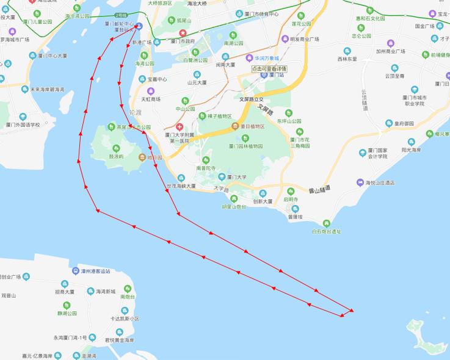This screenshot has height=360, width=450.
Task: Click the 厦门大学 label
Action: pyautogui.click(x=236, y=177)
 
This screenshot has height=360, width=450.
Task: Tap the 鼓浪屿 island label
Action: pyautogui.click(x=116, y=156)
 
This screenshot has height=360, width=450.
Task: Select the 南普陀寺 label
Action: pyautogui.click(x=206, y=167)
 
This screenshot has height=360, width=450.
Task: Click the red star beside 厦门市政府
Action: pyautogui.click(x=181, y=32)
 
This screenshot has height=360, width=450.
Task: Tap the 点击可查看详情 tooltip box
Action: pyautogui.click(x=269, y=68)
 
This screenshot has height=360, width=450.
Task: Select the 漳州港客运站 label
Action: pyautogui.click(x=96, y=271)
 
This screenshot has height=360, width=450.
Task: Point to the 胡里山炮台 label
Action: pyautogui.click(x=234, y=207)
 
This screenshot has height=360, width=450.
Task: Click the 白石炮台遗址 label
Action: pyautogui.click(x=326, y=231)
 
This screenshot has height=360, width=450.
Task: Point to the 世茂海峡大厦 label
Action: pyautogui.click(x=181, y=185)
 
